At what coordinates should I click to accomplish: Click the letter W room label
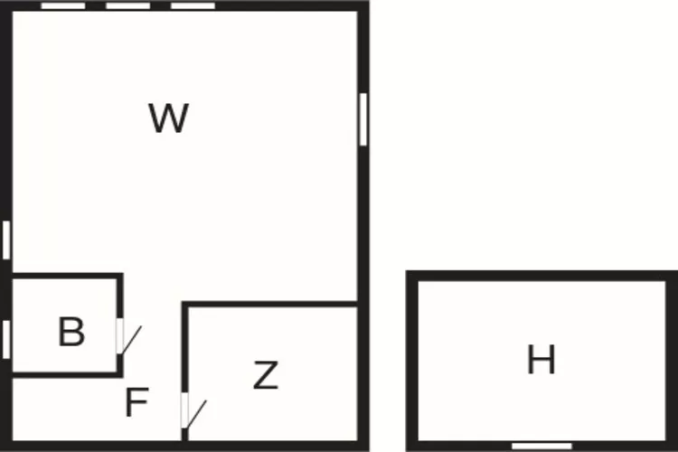point(169,118)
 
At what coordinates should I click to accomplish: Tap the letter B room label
point(71,333)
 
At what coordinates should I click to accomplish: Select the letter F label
point(136,402)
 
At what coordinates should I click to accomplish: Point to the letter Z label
point(265,375)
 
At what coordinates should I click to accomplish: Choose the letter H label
point(541,361)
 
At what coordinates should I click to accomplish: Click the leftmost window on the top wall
point(63,5)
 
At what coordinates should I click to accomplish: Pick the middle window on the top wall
point(127,5)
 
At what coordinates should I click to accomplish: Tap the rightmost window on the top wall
point(193,5)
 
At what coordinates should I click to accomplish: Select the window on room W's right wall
point(363,119)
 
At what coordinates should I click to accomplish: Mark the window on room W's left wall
point(5,240)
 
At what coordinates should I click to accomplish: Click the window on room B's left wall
point(5,339)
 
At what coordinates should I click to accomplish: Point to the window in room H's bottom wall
point(541,446)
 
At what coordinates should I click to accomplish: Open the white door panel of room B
point(120,335)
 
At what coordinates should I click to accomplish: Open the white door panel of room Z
point(185,410)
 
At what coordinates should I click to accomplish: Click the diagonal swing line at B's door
point(132,340)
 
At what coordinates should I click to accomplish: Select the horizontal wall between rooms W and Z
point(271,306)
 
